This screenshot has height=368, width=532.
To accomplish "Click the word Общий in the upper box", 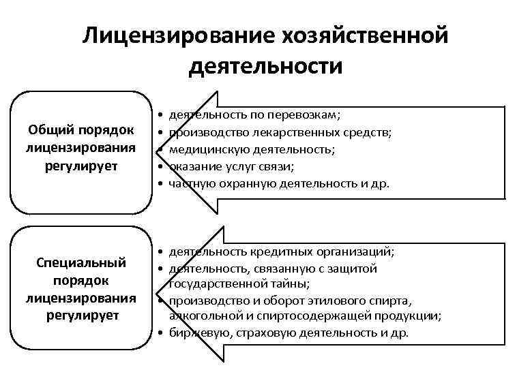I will coord(53,129).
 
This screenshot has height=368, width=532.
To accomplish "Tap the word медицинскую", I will coord(211,149).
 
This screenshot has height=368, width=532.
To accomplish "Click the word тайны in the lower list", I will coord(290,283).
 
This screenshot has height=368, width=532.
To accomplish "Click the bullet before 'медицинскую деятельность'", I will coord(158,149).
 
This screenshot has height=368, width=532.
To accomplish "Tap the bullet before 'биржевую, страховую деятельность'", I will coord(158,333).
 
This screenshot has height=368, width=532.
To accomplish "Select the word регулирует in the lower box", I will coord(82,315).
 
